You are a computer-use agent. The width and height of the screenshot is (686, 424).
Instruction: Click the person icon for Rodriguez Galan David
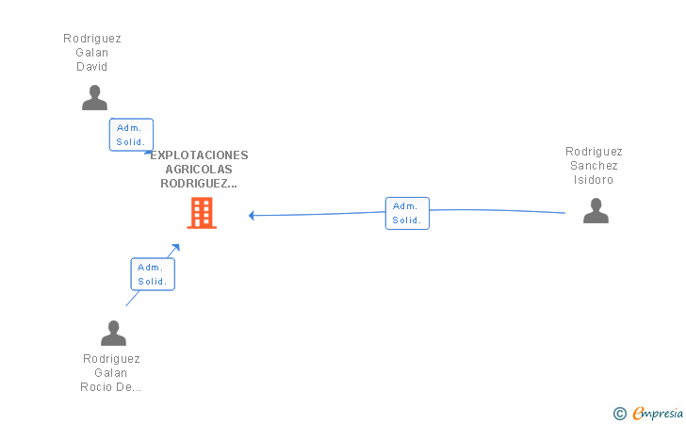pyautogui.click(x=94, y=97)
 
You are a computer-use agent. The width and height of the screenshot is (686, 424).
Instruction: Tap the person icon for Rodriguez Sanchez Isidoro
pyautogui.click(x=596, y=210)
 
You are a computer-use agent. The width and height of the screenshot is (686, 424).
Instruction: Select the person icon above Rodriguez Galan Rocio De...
pyautogui.click(x=113, y=333)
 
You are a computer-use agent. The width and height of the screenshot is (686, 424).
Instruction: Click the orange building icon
pyautogui.click(x=202, y=213)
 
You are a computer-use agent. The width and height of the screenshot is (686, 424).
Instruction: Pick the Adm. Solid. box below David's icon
pyautogui.click(x=131, y=135)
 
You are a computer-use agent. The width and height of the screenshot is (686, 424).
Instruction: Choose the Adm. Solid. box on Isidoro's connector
pyautogui.click(x=407, y=213)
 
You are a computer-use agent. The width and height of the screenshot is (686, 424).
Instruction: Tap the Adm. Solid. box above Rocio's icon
pyautogui.click(x=152, y=274)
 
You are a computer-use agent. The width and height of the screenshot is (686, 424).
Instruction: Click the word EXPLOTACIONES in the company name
pyautogui.click(x=199, y=155)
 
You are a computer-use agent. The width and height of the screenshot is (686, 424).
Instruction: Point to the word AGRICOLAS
pyautogui.click(x=199, y=170)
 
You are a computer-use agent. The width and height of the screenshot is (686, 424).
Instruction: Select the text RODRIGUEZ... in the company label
pyautogui.click(x=199, y=184)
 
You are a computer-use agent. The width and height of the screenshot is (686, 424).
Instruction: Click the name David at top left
pyautogui.click(x=92, y=67)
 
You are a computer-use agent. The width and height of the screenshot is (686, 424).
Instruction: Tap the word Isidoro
pyautogui.click(x=594, y=180)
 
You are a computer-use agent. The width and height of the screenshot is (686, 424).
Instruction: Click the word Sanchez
pyautogui.click(x=594, y=166)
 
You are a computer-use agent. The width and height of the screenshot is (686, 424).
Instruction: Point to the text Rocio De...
pyautogui.click(x=111, y=387)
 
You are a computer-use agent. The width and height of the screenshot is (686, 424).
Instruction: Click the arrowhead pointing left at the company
pyautogui.click(x=253, y=216)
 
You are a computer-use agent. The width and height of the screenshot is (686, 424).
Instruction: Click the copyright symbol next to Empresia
pyautogui.click(x=619, y=413)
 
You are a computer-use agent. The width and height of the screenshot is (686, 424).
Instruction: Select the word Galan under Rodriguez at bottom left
pyautogui.click(x=111, y=373)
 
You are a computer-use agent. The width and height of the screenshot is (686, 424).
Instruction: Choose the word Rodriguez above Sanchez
pyautogui.click(x=594, y=152)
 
